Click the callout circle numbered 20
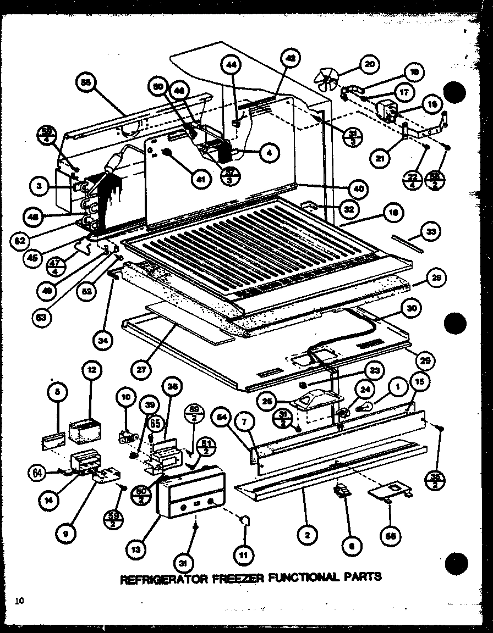point(369,65)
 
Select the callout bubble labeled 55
point(85,84)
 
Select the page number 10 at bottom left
point(20,601)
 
